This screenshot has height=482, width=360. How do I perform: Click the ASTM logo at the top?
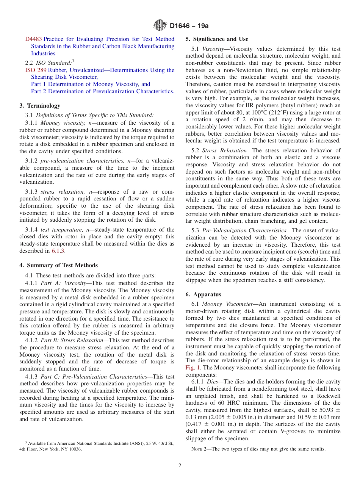point(160,26)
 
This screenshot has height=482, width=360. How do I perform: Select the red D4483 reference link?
point(33,39)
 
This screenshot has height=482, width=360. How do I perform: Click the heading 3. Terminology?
point(40,106)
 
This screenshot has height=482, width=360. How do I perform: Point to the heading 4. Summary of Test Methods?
point(58,265)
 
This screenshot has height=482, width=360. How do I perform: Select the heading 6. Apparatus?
point(203,294)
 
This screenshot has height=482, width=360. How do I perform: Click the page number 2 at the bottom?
point(180,466)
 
